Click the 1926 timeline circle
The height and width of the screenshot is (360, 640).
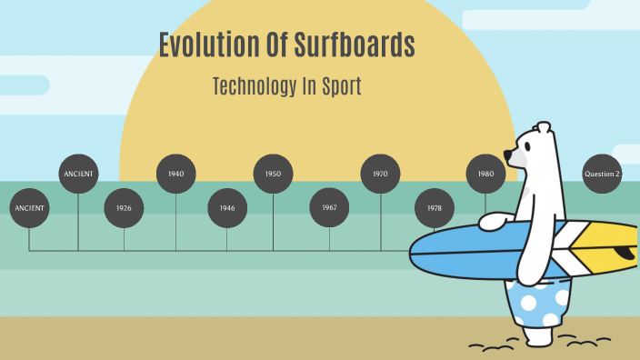(x=124, y=208)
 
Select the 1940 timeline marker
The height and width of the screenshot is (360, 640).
(x=176, y=174)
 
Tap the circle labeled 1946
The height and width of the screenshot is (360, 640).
(x=227, y=208)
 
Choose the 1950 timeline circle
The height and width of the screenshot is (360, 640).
(x=273, y=174)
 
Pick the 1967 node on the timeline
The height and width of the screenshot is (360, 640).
(x=329, y=207)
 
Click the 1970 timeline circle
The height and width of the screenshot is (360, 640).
(x=380, y=174)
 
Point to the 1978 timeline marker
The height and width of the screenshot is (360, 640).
(x=435, y=208)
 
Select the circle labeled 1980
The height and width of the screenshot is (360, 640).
(x=485, y=174)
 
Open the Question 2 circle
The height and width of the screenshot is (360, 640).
(x=602, y=174)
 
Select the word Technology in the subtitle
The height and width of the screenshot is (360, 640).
(x=254, y=87)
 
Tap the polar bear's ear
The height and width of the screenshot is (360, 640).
(x=544, y=128)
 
